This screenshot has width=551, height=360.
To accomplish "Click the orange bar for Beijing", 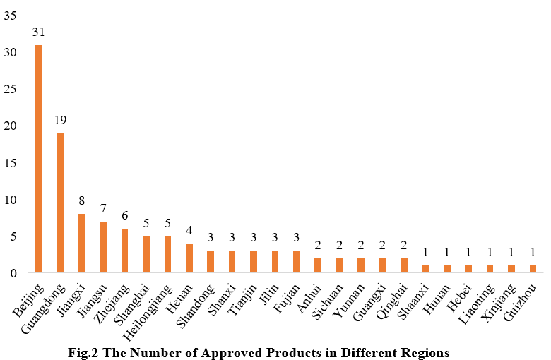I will [x=39, y=159].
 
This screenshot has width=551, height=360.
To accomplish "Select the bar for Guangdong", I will [x=61, y=203].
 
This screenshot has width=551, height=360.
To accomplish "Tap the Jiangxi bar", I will [x=82, y=244].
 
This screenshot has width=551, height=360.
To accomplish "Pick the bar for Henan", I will [x=189, y=258].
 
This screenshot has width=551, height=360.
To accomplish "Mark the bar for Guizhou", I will [x=533, y=270].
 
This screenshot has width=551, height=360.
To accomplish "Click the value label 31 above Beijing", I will [x=39, y=32].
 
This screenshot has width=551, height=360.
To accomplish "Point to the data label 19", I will [x=61, y=121].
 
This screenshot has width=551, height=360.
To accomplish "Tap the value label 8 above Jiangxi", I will [x=82, y=201].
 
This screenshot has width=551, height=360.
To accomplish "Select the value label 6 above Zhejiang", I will [x=125, y=216].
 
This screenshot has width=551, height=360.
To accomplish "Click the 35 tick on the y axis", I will [x=10, y=16].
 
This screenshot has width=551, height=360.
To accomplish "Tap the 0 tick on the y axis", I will [x=13, y=273].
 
